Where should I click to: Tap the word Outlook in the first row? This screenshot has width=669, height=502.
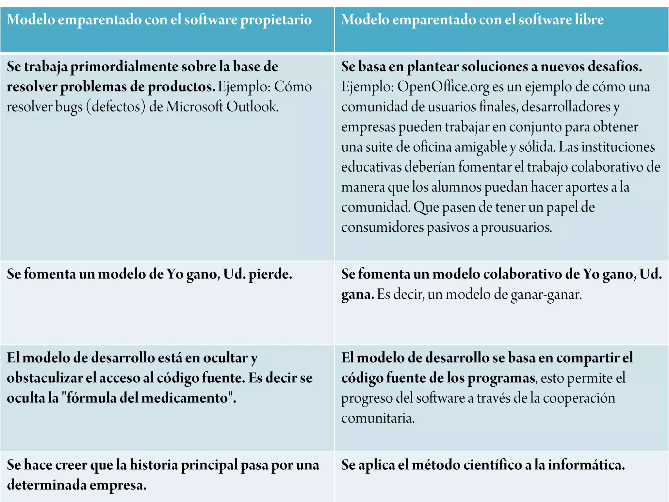[252, 107]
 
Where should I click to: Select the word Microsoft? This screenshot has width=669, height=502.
[194, 107]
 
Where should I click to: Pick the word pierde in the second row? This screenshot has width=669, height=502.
[270, 274]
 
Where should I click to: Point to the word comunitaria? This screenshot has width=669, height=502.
[378, 418]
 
